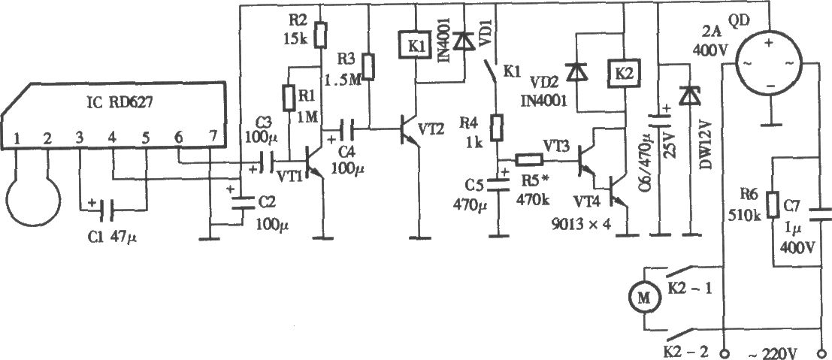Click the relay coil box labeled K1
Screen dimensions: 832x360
[416, 46]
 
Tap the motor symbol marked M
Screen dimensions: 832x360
[643, 298]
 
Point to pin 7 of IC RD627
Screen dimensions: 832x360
[213, 140]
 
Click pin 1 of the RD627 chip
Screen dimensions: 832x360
[17, 140]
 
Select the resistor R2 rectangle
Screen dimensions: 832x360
[320, 35]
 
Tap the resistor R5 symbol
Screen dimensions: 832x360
[530, 159]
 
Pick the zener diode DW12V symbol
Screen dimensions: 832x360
[688, 95]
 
